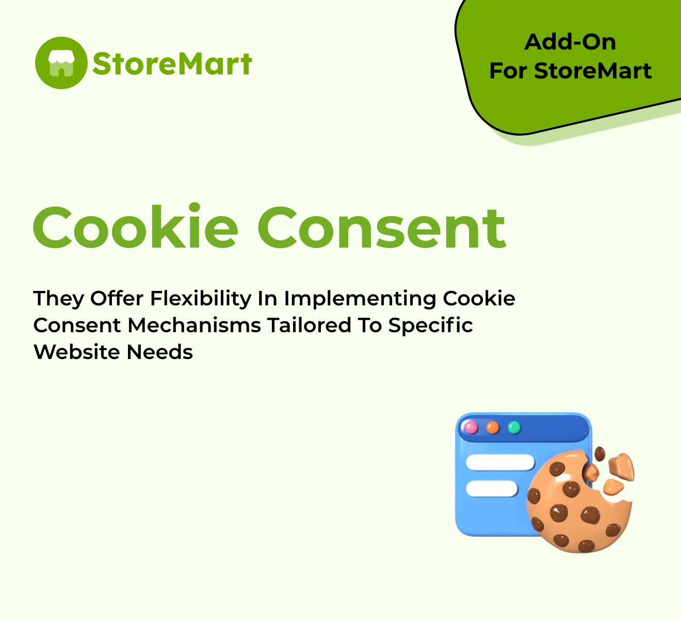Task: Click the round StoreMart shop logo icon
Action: coord(61,63)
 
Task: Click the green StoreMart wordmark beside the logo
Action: coord(172,63)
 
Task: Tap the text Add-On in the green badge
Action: coord(570,42)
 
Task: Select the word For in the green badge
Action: coord(508,71)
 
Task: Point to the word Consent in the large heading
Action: coord(382,228)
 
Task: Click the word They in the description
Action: coord(58,299)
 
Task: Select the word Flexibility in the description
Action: coord(201,299)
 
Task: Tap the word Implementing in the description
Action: coord(360,299)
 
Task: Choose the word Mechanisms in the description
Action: coord(194,325)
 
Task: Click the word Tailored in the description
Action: coord(309,325)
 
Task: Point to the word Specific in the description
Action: coord(430,326)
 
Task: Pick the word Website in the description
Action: coord(77,352)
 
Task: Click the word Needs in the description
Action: coord(159,352)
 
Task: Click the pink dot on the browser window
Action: coord(471,428)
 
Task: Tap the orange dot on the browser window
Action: coord(493,428)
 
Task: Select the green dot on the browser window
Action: coord(514,428)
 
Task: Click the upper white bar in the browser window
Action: coord(500,463)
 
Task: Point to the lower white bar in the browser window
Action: coord(492,488)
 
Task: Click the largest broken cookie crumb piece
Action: coord(621,467)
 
